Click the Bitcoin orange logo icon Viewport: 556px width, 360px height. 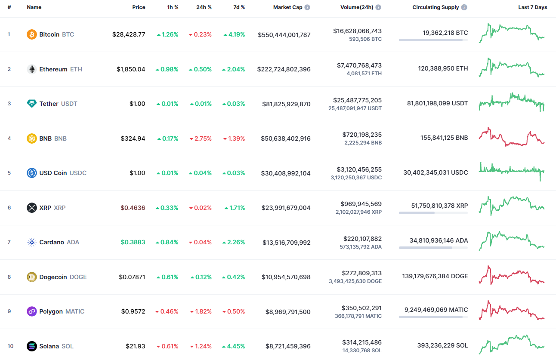(x=32, y=34)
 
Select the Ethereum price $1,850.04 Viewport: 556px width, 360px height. (x=131, y=69)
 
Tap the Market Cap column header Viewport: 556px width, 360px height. (x=287, y=7)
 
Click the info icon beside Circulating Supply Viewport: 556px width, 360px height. (x=464, y=7)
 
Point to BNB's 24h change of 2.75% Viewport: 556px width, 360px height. (x=200, y=138)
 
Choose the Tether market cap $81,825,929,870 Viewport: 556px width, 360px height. (x=286, y=104)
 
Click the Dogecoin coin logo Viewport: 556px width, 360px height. (x=32, y=277)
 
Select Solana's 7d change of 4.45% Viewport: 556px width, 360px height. (x=234, y=346)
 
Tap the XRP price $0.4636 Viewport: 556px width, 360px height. (x=133, y=208)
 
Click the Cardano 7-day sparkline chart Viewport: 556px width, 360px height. (x=512, y=241)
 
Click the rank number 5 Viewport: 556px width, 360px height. (x=9, y=173)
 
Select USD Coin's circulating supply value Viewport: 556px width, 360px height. (x=436, y=172)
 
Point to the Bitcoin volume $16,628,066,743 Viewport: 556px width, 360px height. (x=357, y=31)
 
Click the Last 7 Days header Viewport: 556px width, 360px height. (x=532, y=7)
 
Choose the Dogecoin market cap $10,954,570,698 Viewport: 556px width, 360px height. (x=286, y=277)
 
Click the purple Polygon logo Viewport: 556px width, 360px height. (x=32, y=311)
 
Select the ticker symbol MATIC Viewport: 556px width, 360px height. (x=75, y=311)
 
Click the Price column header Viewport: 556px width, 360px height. (x=139, y=7)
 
